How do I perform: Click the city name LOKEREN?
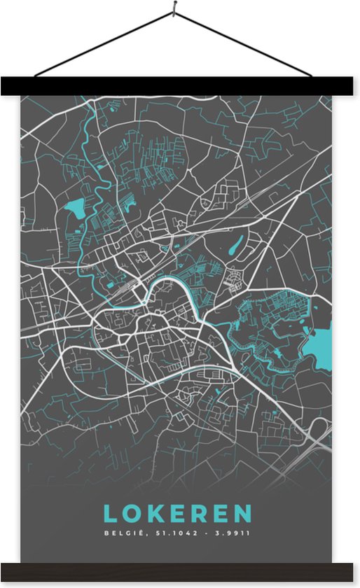[178, 513]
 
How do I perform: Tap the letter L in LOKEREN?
[111, 513]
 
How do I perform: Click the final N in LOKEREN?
[242, 513]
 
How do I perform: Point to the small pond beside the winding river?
[74, 206]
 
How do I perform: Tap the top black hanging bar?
[179, 85]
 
